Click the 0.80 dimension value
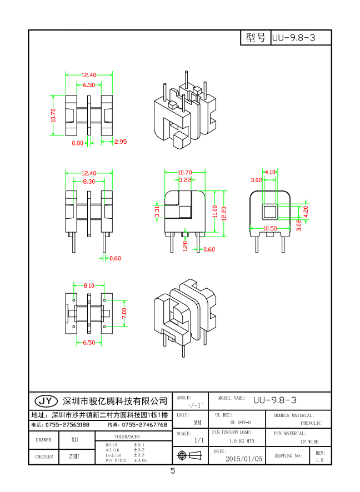pyautogui.click(x=78, y=143)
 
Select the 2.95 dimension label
pyautogui.click(x=120, y=142)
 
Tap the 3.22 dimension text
pyautogui.click(x=185, y=180)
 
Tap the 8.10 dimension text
pyautogui.click(x=89, y=285)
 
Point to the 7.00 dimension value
pyautogui.click(x=124, y=314)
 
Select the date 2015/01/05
pyautogui.click(x=243, y=459)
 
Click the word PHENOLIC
pyautogui.click(x=311, y=423)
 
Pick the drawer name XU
pyautogui.click(x=74, y=439)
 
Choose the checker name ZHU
pyautogui.click(x=74, y=456)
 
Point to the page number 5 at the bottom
pyautogui.click(x=173, y=471)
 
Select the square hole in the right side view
pyautogui.click(x=270, y=211)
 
